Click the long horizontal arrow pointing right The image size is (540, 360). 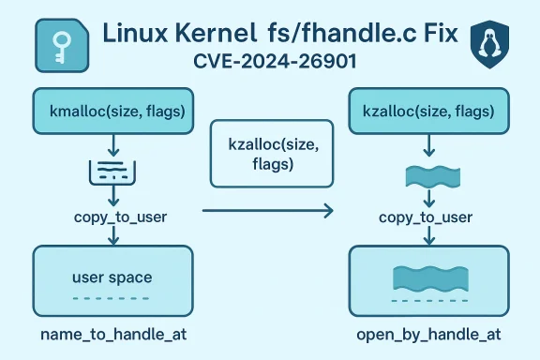pyautogui.click(x=267, y=213)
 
